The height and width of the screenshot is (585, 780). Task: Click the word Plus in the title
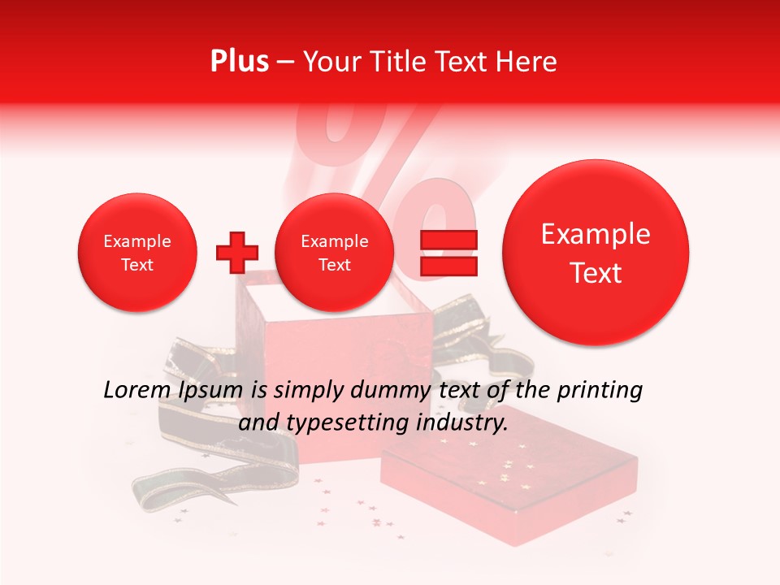(x=239, y=62)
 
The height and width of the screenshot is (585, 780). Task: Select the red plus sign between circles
(x=236, y=252)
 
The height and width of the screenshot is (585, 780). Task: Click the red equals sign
(x=448, y=252)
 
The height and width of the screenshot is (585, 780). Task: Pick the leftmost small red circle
(x=136, y=253)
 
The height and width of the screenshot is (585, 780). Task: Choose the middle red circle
(x=334, y=253)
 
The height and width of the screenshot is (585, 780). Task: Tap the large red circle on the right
(x=596, y=253)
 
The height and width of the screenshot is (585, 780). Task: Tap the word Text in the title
(x=456, y=62)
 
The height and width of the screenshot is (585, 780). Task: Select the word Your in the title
(x=330, y=62)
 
